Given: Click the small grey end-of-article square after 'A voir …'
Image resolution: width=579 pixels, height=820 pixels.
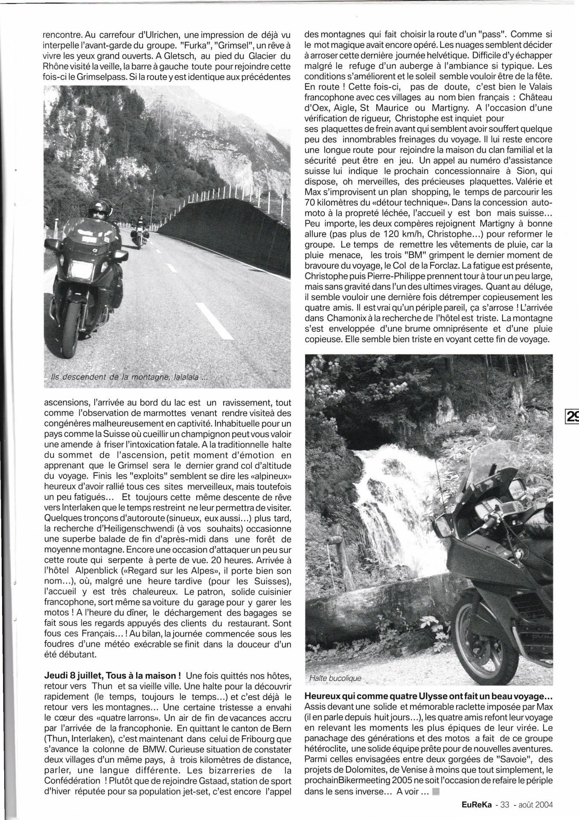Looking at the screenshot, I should click(435, 791).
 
